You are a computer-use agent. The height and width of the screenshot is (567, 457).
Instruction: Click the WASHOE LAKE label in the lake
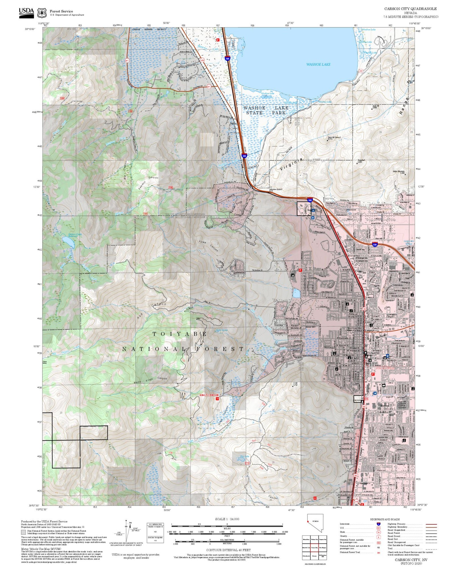(x=318, y=65)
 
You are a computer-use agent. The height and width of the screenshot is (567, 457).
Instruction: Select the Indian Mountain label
(x=399, y=172)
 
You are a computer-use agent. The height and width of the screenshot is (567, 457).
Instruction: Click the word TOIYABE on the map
(x=180, y=334)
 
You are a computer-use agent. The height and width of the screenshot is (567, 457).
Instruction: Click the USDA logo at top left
(x=27, y=12)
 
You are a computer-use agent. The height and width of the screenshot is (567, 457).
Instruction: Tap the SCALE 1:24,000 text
(x=227, y=519)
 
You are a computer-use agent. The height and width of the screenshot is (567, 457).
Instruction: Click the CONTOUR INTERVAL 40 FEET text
(x=228, y=550)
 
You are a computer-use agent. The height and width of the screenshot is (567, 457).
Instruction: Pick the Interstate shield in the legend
(x=378, y=524)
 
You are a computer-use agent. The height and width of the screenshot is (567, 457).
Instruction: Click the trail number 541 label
(x=254, y=441)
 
